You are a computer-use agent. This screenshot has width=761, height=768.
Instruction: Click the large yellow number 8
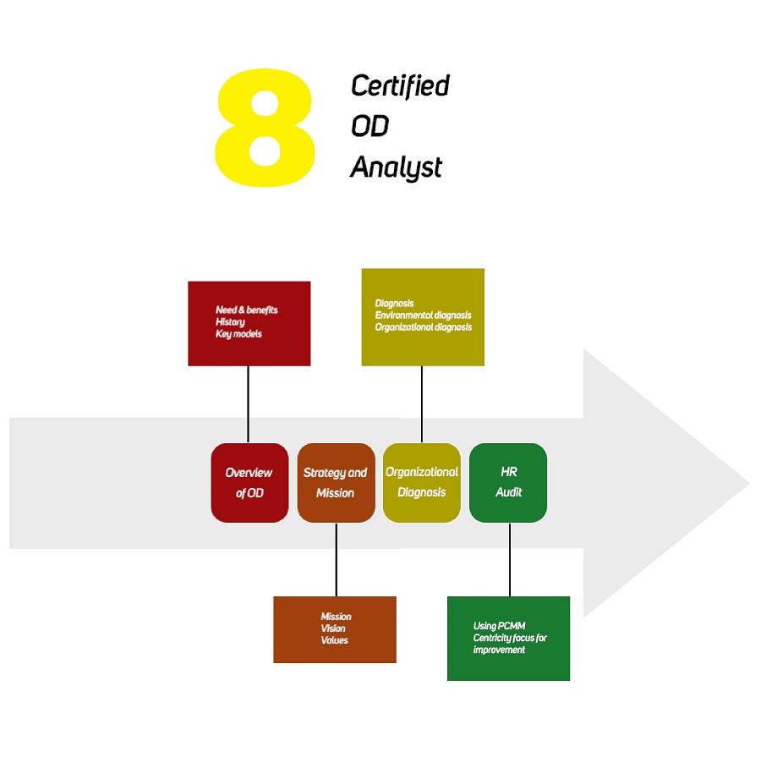point(266,129)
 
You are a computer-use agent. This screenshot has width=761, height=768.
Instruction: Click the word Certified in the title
point(400,85)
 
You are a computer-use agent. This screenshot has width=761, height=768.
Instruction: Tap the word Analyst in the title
point(396,167)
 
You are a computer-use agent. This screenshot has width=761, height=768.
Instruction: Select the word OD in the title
point(370,126)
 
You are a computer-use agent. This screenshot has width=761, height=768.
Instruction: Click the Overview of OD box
point(249,482)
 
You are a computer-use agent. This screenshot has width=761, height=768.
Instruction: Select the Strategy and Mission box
point(336,482)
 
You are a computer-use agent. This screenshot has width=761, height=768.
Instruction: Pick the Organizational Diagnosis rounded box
point(422,482)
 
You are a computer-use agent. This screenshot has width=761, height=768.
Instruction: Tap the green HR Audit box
point(508,482)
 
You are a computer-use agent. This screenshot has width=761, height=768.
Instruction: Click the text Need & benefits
point(246,310)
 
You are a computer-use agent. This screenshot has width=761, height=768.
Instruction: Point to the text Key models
point(238,333)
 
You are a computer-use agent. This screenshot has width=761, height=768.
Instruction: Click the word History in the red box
point(230,321)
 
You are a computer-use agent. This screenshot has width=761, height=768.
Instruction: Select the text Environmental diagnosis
point(423,315)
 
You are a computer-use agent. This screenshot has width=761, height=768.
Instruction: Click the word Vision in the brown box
point(333,628)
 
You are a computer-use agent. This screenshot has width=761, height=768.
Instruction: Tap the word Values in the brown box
point(334,640)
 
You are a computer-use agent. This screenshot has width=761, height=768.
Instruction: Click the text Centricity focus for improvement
point(510,643)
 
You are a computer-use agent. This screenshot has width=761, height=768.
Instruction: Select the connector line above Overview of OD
point(248,404)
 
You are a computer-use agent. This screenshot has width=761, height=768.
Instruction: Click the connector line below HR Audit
point(510,559)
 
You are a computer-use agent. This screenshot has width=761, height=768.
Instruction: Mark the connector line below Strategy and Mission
point(336,559)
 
